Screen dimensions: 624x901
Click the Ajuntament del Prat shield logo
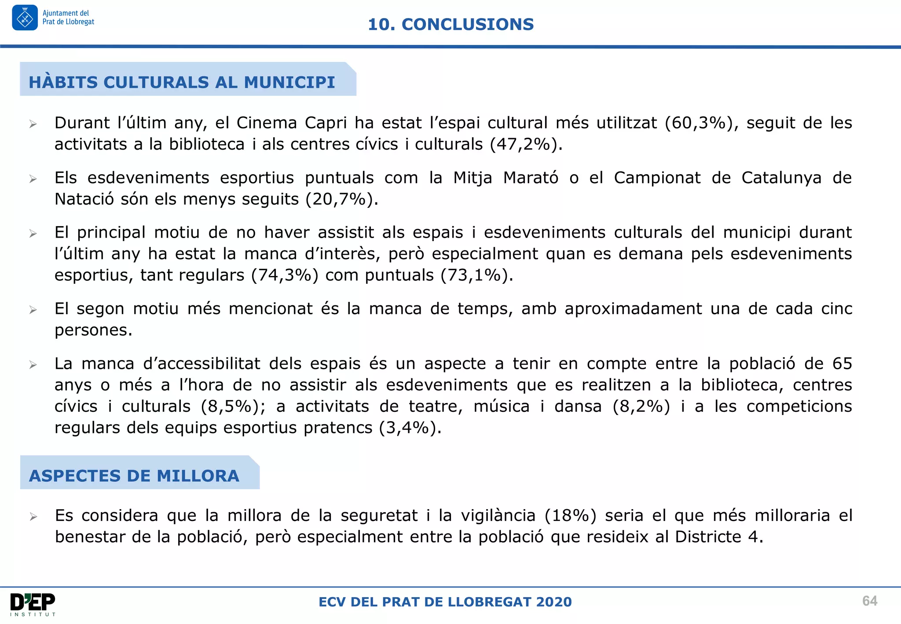[25, 18]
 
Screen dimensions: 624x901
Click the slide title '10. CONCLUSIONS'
[450, 25]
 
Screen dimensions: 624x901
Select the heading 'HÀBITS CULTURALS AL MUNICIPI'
[182, 82]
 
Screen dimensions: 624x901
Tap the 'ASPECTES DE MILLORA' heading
[134, 476]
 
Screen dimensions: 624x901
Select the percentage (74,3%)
[285, 275]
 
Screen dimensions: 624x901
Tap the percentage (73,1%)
[475, 275]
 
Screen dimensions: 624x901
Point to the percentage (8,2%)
[641, 406]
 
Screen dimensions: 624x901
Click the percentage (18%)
[570, 515]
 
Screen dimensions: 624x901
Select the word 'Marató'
[531, 178]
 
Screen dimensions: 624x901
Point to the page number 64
[869, 601]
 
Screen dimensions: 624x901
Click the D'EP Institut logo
[33, 604]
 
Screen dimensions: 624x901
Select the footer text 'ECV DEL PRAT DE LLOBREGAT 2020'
[445, 602]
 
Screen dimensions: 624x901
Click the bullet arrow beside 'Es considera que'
[33, 517]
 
